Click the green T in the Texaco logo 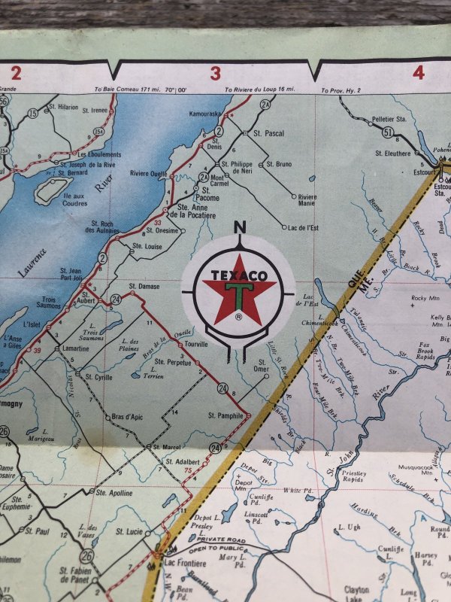click(x=238, y=294)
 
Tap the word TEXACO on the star click(x=238, y=275)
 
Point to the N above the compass click(x=240, y=227)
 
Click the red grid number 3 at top click(x=216, y=73)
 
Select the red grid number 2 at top click(x=14, y=72)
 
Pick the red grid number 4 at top click(x=418, y=73)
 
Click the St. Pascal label click(x=268, y=133)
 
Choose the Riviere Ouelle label click(x=149, y=173)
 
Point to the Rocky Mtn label click(x=424, y=298)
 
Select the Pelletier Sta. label click(x=389, y=119)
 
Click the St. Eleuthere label click(x=393, y=154)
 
